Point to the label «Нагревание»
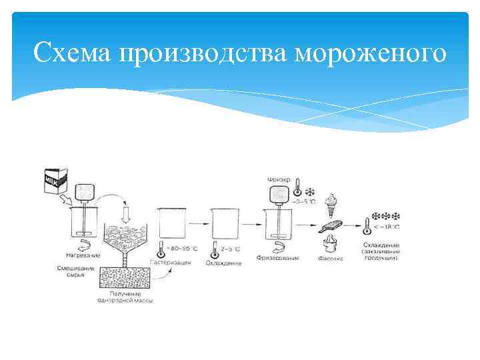click(83, 255)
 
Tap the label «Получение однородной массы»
click(131, 297)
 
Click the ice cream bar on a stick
click(331, 227)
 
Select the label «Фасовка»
click(331, 258)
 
